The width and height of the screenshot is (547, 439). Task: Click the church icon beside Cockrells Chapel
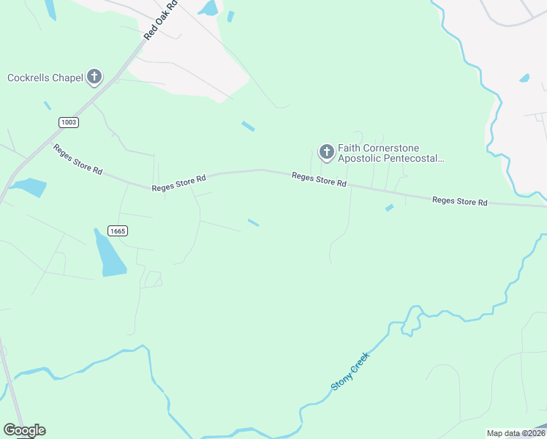(x=94, y=77)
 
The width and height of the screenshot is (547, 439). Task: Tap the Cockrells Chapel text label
(x=45, y=78)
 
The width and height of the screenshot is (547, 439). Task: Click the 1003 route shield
(x=69, y=122)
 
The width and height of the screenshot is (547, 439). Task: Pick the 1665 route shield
(x=118, y=230)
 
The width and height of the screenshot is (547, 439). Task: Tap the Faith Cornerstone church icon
(x=326, y=153)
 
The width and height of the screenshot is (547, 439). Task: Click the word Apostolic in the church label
(x=360, y=158)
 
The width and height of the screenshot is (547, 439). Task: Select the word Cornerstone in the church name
(x=396, y=148)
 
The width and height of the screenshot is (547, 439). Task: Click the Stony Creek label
(x=351, y=371)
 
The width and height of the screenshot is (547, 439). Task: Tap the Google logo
(x=24, y=430)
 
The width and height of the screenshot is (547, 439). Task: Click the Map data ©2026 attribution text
(x=516, y=433)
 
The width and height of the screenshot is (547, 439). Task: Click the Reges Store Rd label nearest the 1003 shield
(x=77, y=159)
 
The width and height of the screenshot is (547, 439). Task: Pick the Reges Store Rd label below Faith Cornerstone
(x=319, y=180)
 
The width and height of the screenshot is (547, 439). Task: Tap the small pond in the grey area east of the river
(x=524, y=78)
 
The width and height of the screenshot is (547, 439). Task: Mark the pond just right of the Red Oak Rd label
(x=209, y=8)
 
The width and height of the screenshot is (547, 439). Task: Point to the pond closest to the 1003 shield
(x=29, y=187)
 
